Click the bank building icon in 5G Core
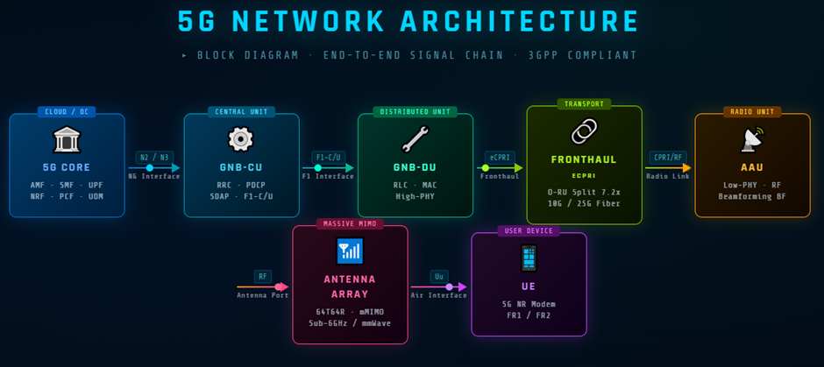(x=67, y=140)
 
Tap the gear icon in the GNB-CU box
(x=240, y=139)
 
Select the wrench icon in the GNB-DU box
(x=415, y=139)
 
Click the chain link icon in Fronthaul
(x=584, y=132)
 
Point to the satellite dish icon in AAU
(x=752, y=139)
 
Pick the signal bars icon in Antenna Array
(x=350, y=251)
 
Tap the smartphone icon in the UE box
(x=529, y=258)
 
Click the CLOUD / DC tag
(x=67, y=112)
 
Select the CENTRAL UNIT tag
(x=241, y=112)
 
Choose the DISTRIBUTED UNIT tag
(x=416, y=112)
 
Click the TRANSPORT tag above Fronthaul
(x=584, y=104)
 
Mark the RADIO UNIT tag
(x=752, y=112)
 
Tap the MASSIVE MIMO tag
(x=350, y=224)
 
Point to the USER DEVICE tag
(x=529, y=231)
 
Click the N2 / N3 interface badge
(x=154, y=157)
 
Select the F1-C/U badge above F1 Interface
(x=329, y=158)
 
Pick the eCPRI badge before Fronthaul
(x=500, y=158)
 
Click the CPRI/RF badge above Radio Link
(x=668, y=158)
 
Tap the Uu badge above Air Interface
(x=439, y=277)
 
